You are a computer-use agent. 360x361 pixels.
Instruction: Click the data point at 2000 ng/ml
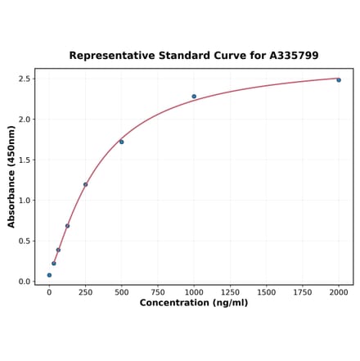[x=339, y=79]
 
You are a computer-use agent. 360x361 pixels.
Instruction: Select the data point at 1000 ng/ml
[x=194, y=97]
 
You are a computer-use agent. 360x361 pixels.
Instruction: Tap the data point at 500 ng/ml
[x=121, y=142]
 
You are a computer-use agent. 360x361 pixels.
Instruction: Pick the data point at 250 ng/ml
[x=85, y=184]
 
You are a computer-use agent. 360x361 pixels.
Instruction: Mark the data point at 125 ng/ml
[x=67, y=226]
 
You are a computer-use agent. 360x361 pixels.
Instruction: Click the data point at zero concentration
[x=49, y=275]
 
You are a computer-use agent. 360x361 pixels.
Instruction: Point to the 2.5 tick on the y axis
[x=25, y=79]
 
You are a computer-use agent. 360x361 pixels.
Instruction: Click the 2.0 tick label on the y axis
[x=25, y=120]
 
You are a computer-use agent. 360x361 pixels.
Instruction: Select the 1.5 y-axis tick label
[x=25, y=160]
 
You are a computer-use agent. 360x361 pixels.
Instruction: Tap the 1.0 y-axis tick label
[x=25, y=201]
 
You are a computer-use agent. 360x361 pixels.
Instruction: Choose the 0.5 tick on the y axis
[x=25, y=241]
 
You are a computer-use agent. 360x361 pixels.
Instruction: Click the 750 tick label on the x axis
[x=158, y=292]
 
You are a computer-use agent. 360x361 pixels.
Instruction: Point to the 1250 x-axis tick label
[x=230, y=292]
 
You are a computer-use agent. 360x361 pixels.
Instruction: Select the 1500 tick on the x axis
[x=266, y=292]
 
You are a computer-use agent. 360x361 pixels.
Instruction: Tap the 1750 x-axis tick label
[x=303, y=292]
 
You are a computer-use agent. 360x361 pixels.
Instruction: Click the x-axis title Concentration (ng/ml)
[x=194, y=304]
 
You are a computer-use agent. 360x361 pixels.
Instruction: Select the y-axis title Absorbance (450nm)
[x=11, y=176]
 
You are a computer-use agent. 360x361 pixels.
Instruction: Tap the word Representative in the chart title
[x=110, y=56]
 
